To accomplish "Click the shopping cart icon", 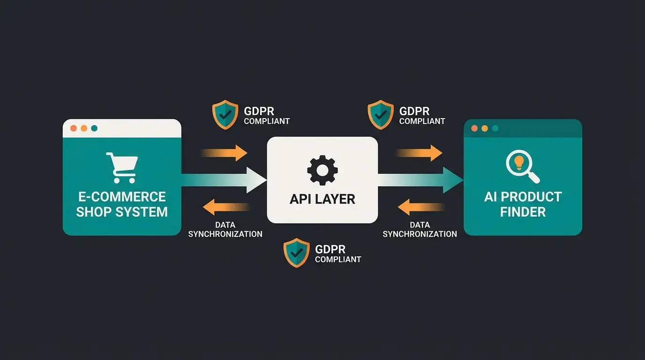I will [122, 167].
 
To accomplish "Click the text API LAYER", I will [322, 199].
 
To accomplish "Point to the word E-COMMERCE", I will [122, 196].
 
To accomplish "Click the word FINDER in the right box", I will [523, 212].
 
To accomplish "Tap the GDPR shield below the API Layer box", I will [296, 253].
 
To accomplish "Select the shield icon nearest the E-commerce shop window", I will [225, 114].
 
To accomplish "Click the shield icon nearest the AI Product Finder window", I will [380, 114].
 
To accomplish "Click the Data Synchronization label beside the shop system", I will [225, 230].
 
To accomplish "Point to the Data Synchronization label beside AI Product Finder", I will [420, 230].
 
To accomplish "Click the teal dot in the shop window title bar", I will [94, 128].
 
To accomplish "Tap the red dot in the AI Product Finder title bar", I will [474, 128].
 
